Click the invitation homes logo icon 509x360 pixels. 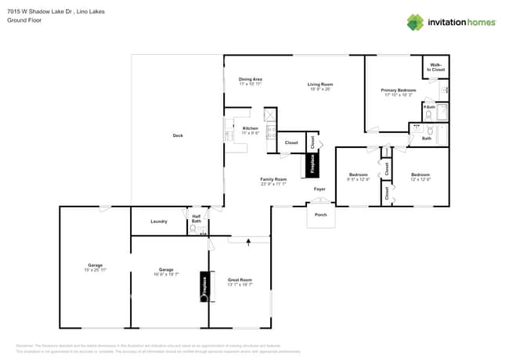(415, 22)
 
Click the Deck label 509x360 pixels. (178, 135)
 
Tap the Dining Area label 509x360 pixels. (251, 79)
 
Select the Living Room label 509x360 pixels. (320, 84)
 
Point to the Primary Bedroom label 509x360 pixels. (399, 90)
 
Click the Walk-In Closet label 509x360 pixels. (436, 69)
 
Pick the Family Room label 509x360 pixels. (273, 178)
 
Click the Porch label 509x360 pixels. (320, 214)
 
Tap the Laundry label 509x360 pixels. (159, 221)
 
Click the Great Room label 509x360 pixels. (240, 280)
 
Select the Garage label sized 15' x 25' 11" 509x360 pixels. (95, 265)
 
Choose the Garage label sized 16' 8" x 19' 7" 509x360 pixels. (166, 271)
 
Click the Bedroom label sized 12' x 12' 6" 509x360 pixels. (421, 175)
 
